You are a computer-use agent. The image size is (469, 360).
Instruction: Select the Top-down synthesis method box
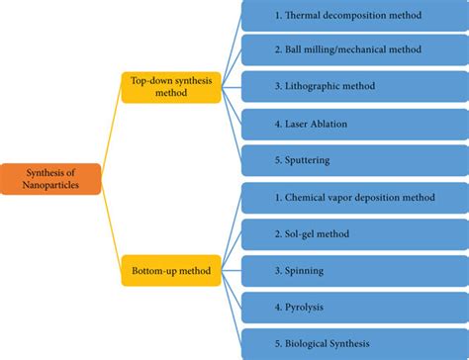tap(171, 85)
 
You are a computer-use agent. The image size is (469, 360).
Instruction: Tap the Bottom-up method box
tap(171, 268)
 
